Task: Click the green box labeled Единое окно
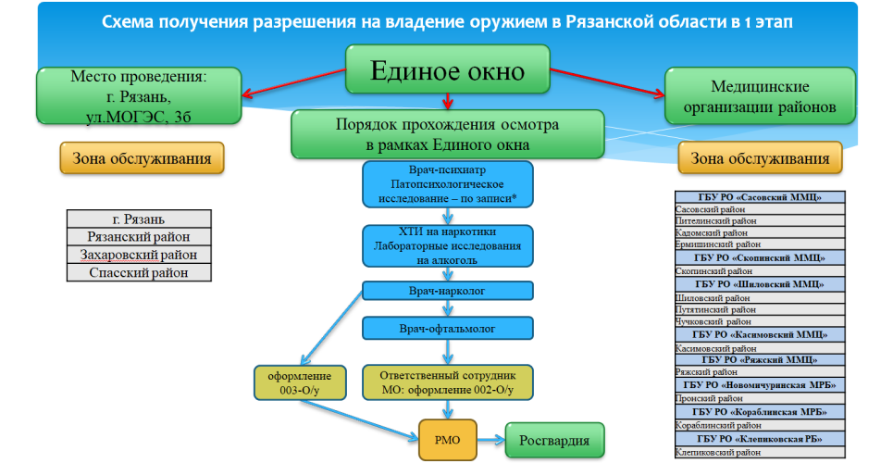pyautogui.click(x=448, y=71)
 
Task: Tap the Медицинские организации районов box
pyautogui.click(x=760, y=97)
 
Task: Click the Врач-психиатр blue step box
pyautogui.click(x=448, y=184)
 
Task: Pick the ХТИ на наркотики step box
pyautogui.click(x=448, y=247)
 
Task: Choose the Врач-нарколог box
pyautogui.click(x=448, y=290)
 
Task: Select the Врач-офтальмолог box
pyautogui.click(x=448, y=328)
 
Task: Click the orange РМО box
pyautogui.click(x=448, y=439)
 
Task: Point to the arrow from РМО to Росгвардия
pyautogui.click(x=490, y=439)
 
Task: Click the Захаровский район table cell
pyautogui.click(x=139, y=255)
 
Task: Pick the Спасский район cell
pyautogui.click(x=139, y=272)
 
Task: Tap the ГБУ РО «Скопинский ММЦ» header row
pyautogui.click(x=760, y=257)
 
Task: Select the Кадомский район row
pyautogui.click(x=760, y=233)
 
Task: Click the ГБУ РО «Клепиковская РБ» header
pyautogui.click(x=760, y=439)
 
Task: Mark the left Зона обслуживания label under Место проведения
pyautogui.click(x=142, y=158)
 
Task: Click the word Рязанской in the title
pyautogui.click(x=523, y=20)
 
